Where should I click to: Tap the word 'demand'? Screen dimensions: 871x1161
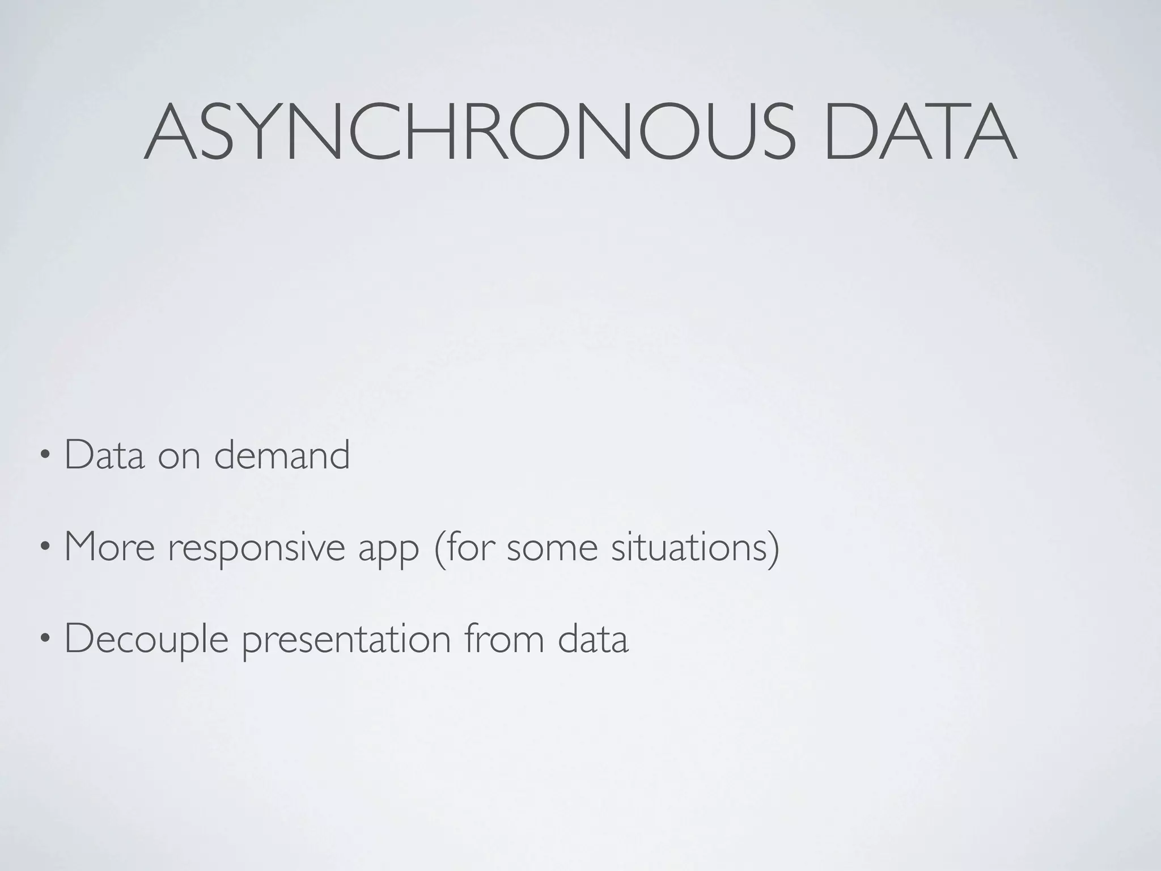(282, 455)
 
